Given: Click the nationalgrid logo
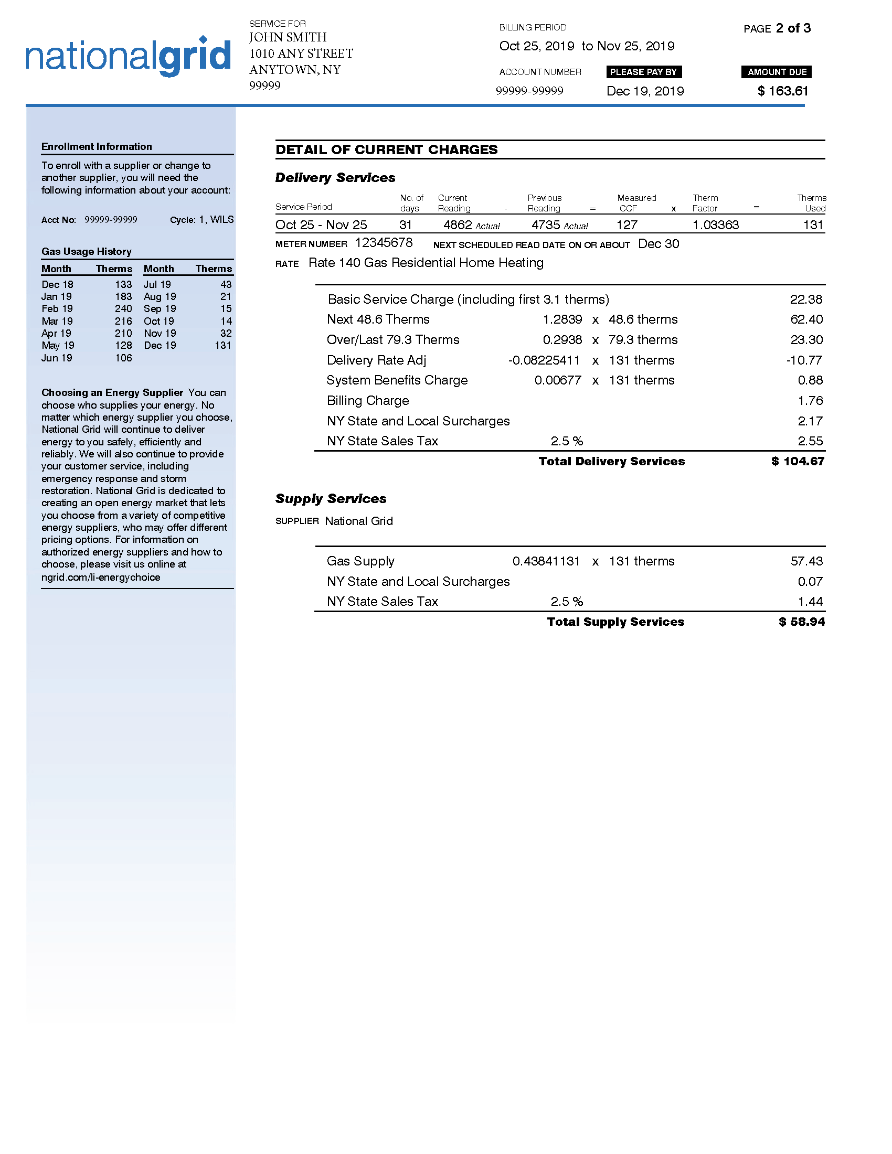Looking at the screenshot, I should pyautogui.click(x=129, y=57).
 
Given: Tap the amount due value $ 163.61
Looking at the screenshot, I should pyautogui.click(x=783, y=91).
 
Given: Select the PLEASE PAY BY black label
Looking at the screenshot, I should pyautogui.click(x=643, y=72).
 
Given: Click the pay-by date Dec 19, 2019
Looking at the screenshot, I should pyautogui.click(x=645, y=91).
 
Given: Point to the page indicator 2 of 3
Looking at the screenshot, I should pyautogui.click(x=793, y=28).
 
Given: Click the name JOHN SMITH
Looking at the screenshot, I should pyautogui.click(x=288, y=37).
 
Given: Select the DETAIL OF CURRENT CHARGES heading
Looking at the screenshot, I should pyautogui.click(x=386, y=149).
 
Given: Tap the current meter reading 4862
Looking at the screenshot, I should pyautogui.click(x=458, y=225).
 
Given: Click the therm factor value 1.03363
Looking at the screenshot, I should pyautogui.click(x=716, y=225).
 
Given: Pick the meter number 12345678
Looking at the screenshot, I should pyautogui.click(x=384, y=242).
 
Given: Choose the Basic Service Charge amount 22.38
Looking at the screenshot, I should pyautogui.click(x=806, y=300).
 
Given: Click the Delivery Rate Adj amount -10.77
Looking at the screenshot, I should pyautogui.click(x=804, y=360).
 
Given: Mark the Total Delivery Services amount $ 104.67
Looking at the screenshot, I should pyautogui.click(x=798, y=461).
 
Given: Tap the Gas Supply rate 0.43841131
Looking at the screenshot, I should pyautogui.click(x=546, y=561).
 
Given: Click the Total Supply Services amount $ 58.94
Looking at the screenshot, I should pyautogui.click(x=801, y=622).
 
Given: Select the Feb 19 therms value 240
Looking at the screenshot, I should pyautogui.click(x=123, y=308).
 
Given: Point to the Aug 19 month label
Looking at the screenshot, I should pyautogui.click(x=160, y=296).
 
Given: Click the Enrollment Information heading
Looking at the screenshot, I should pyautogui.click(x=97, y=146).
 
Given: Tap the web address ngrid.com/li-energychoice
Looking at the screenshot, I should pyautogui.click(x=101, y=577).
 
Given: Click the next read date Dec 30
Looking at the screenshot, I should pyautogui.click(x=659, y=244).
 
